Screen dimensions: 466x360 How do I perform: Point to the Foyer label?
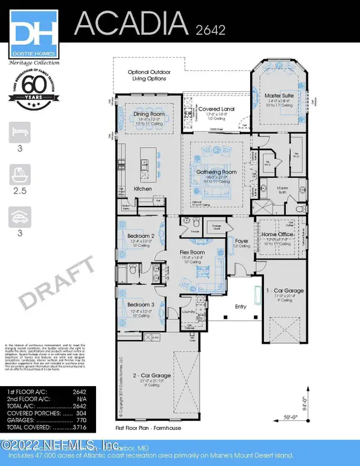(x=241, y=241)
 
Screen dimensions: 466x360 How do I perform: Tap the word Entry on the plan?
(x=241, y=307)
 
